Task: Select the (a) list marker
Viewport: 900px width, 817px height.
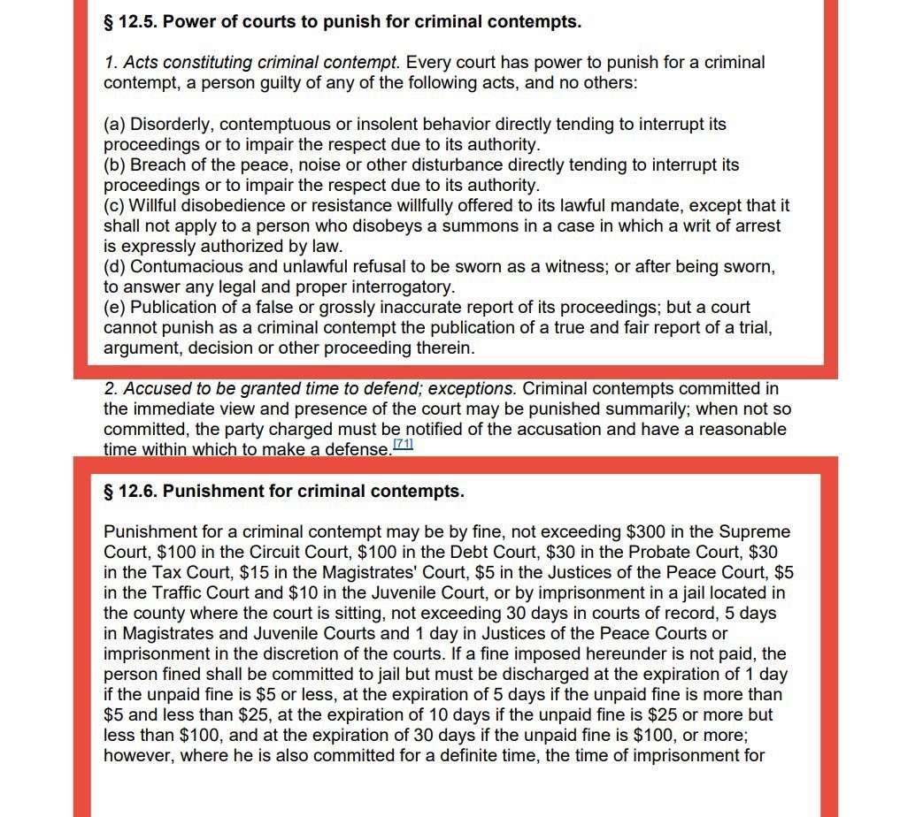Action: pyautogui.click(x=114, y=125)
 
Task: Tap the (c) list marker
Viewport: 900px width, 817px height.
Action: pyautogui.click(x=114, y=206)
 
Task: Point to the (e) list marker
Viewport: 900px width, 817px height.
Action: pyautogui.click(x=114, y=308)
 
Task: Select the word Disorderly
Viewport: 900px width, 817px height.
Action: pyautogui.click(x=171, y=125)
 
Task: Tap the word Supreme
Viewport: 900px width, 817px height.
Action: pyautogui.click(x=755, y=532)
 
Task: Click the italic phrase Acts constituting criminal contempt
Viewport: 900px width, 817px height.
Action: pyautogui.click(x=262, y=63)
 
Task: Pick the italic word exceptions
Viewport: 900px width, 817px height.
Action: pyautogui.click(x=471, y=389)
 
